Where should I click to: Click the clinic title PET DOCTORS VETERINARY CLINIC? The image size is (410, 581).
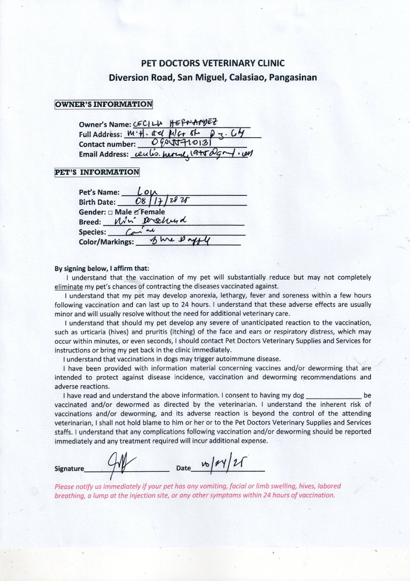point(213,63)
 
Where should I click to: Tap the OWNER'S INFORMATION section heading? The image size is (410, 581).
point(104,104)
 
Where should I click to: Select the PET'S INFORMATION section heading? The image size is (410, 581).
point(97,173)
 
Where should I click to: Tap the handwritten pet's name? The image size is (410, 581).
point(146,191)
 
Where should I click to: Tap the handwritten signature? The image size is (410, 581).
point(116,464)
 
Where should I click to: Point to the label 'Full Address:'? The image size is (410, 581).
point(101,134)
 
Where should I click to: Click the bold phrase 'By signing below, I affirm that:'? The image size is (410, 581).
point(102,268)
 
